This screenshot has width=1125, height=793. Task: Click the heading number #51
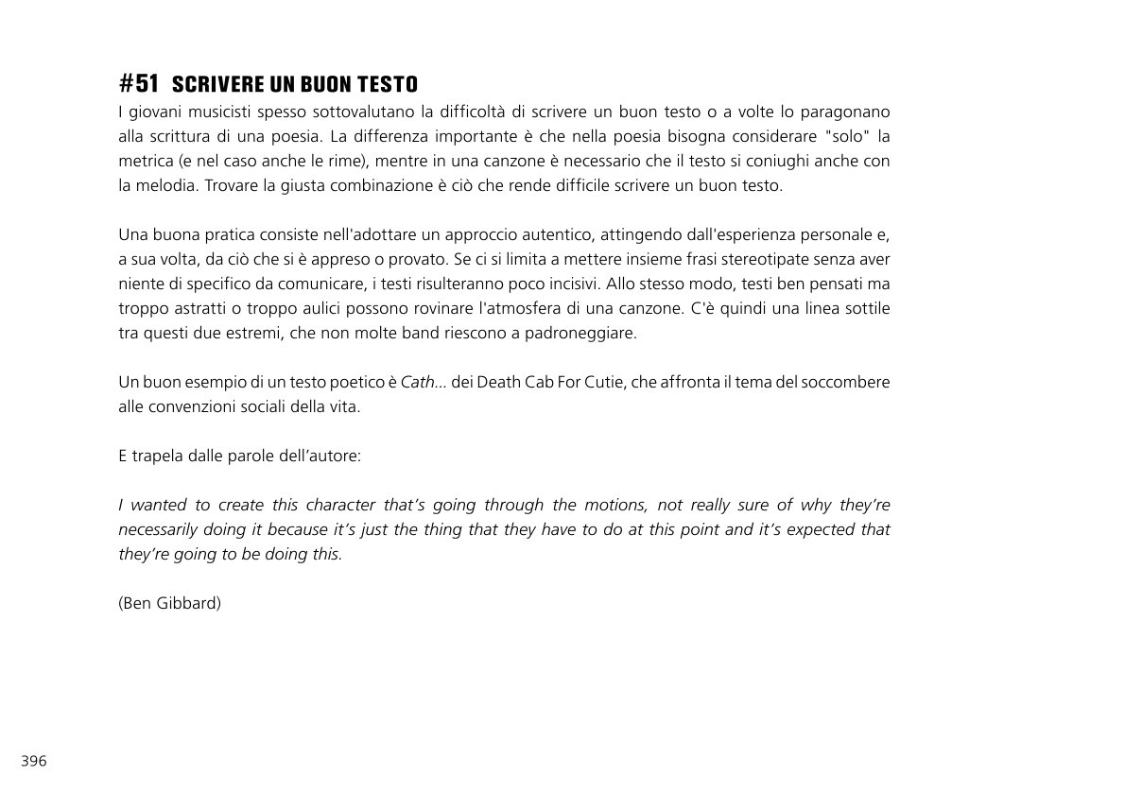pyautogui.click(x=139, y=83)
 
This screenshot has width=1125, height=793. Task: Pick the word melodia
pyautogui.click(x=164, y=185)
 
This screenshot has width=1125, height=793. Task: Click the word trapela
pyautogui.click(x=158, y=456)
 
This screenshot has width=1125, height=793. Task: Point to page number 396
pyautogui.click(x=34, y=761)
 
